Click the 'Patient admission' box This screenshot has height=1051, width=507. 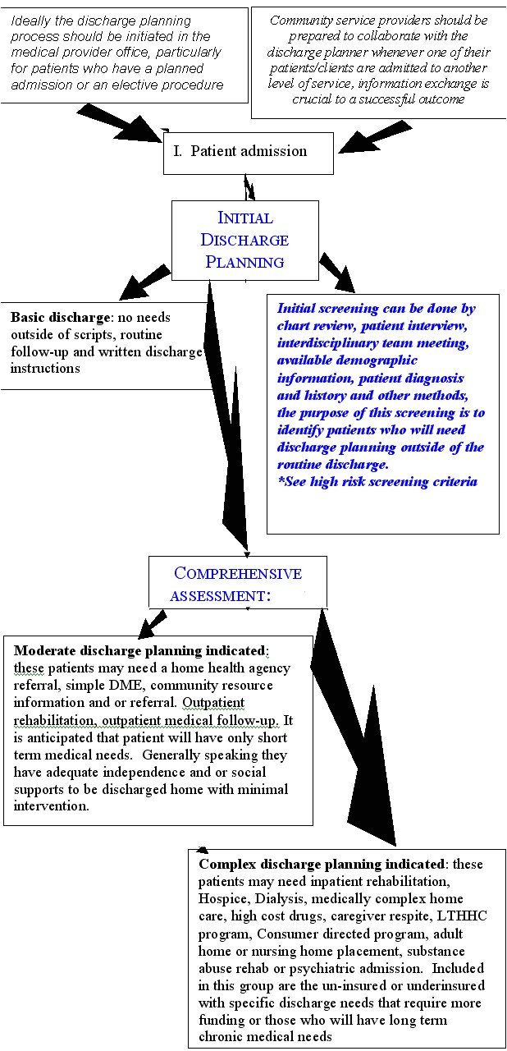[248, 152]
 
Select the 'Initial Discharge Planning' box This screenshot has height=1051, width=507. [245, 240]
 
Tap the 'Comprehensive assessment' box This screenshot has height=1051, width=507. [237, 583]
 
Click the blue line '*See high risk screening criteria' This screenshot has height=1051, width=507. [377, 481]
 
